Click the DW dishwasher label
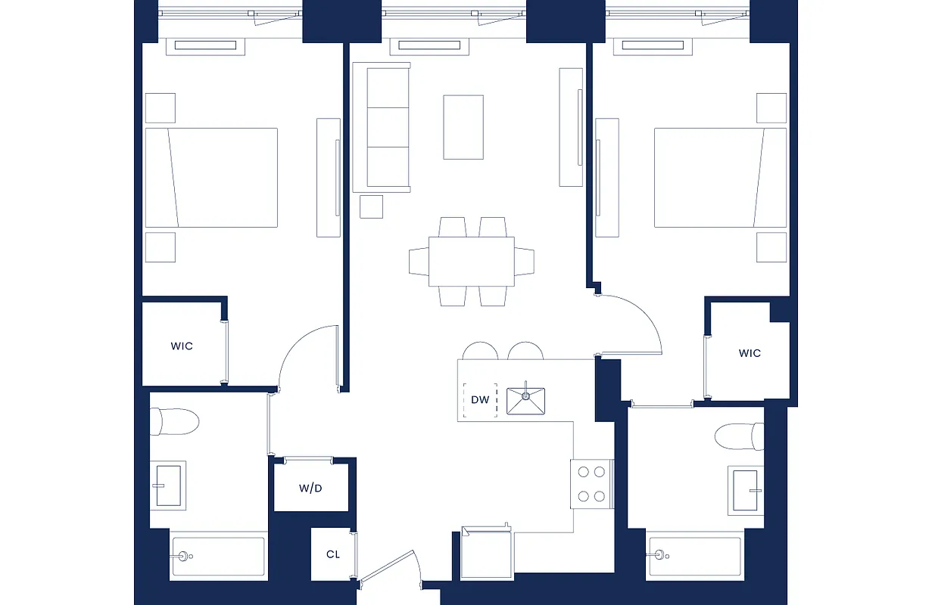point(480,400)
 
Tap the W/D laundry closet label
point(310,489)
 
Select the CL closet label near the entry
point(333,554)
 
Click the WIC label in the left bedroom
point(182,346)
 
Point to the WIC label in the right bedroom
point(750,353)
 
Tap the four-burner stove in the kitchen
point(591,484)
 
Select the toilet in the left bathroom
point(174,421)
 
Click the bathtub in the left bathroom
point(219,557)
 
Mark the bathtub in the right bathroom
point(694,556)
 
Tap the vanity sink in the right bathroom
point(747,490)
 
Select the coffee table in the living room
point(463,127)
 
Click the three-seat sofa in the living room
point(381,127)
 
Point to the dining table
point(472,262)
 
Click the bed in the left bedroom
point(211,177)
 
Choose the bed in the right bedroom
point(720,177)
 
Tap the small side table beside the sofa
point(371,206)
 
